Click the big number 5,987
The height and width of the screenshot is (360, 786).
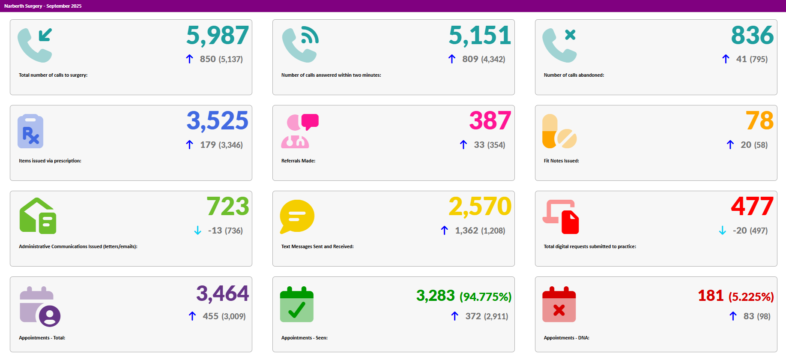[x=217, y=36]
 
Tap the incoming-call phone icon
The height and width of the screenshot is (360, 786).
[x=35, y=45]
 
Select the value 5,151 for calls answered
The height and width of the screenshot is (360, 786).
[x=480, y=36]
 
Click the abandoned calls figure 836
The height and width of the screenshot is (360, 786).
[x=752, y=36]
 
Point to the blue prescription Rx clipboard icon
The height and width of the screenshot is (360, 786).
[x=30, y=131]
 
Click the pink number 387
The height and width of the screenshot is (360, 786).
[x=490, y=121]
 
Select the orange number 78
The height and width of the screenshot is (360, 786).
[x=759, y=121]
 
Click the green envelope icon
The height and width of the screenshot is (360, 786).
[x=38, y=216]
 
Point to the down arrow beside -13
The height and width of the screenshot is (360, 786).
[x=197, y=231]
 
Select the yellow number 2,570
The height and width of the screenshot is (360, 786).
[x=480, y=207]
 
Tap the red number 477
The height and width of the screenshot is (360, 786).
[x=752, y=207]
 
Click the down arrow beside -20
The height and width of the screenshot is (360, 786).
[x=722, y=231]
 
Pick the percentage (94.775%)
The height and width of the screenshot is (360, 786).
[x=485, y=297]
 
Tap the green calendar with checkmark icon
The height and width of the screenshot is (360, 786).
[x=297, y=305]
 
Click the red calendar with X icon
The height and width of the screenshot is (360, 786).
[x=559, y=305]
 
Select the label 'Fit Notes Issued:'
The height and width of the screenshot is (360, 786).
[x=561, y=161]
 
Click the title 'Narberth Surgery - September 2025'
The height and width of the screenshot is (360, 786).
[x=43, y=6]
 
